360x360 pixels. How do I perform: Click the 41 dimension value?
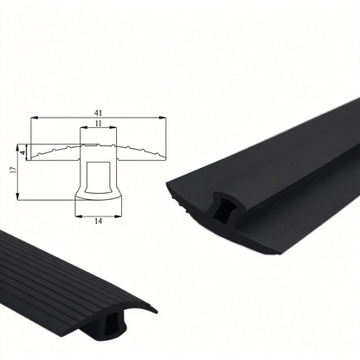[x=99, y=112]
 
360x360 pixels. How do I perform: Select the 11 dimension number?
[x=99, y=123]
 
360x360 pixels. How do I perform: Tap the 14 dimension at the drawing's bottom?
[x=99, y=222]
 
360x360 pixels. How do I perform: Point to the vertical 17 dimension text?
[x=13, y=170]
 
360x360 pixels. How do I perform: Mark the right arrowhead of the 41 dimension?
[x=163, y=118]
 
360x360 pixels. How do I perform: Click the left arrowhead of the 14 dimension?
[x=79, y=215]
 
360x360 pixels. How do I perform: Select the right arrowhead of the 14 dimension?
[x=118, y=215]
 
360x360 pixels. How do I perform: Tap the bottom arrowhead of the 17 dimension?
[x=18, y=196]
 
